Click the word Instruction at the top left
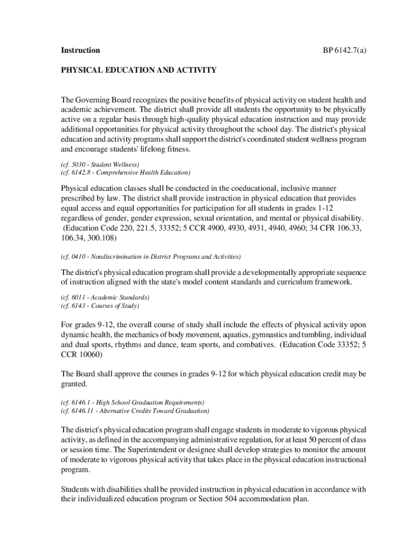(x=80, y=50)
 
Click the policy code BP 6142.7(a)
(x=345, y=50)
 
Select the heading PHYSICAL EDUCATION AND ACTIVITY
(x=139, y=70)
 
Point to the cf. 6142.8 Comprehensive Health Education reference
(x=126, y=172)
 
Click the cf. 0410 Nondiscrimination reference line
(x=151, y=256)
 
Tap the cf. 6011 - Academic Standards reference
(x=105, y=297)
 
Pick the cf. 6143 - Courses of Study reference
(x=100, y=306)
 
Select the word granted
(x=74, y=384)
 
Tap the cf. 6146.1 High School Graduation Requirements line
(x=133, y=402)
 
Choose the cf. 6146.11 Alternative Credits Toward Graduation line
(x=135, y=411)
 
